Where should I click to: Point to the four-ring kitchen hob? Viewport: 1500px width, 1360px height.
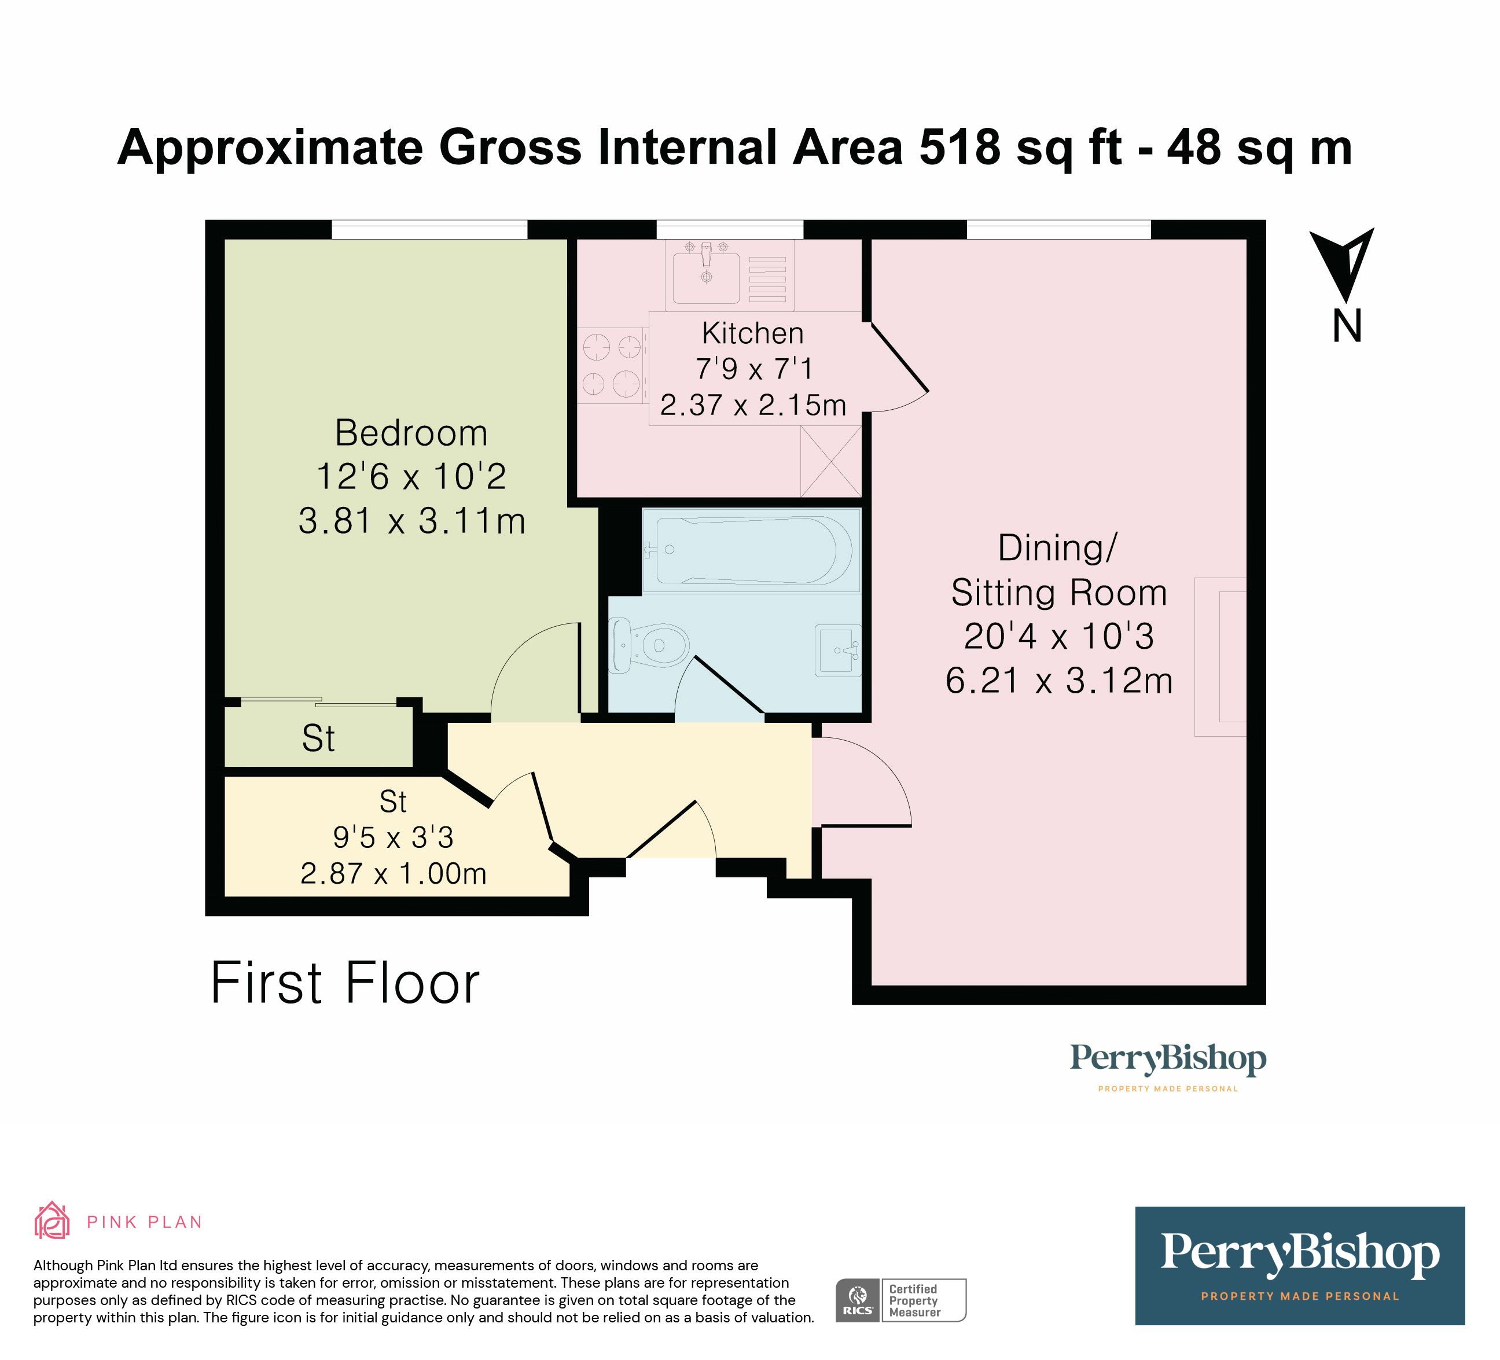[x=612, y=365]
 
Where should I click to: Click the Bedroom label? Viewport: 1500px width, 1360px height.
[x=411, y=433]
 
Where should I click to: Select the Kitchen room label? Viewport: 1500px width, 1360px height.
[x=752, y=333]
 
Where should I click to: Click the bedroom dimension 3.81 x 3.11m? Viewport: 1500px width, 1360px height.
[x=411, y=521]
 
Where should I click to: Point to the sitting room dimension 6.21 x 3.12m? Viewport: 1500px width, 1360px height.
[x=1059, y=681]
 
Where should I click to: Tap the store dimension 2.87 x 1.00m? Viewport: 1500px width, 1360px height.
[x=393, y=873]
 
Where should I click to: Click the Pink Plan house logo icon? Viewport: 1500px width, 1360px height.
[x=52, y=1221]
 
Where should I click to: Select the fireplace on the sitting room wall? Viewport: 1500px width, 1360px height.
[x=1220, y=657]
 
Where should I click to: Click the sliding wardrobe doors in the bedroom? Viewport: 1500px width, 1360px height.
[x=318, y=701]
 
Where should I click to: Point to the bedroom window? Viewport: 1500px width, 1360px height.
[x=429, y=229]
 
